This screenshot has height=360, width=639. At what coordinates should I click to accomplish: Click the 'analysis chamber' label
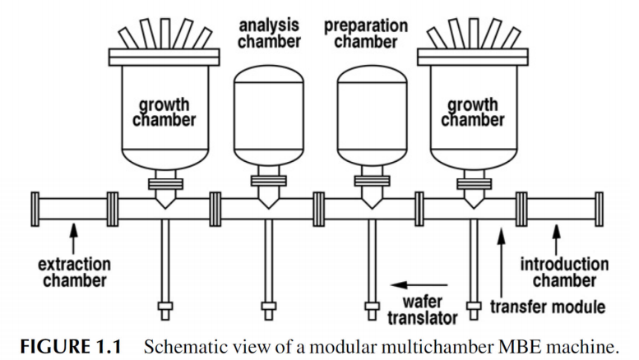(x=269, y=34)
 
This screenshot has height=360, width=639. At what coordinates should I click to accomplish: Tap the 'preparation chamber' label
(x=366, y=34)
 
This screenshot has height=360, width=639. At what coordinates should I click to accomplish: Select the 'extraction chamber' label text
(x=75, y=272)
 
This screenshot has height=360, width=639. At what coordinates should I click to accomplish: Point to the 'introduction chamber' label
(x=564, y=272)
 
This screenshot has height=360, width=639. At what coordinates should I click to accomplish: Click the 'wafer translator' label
(x=423, y=310)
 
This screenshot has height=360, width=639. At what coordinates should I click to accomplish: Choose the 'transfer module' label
(x=548, y=307)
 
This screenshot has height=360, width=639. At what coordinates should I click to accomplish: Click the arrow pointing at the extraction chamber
(x=73, y=238)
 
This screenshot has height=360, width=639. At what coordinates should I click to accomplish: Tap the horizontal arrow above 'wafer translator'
(x=419, y=285)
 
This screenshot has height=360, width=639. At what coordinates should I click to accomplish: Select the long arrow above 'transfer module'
(x=502, y=263)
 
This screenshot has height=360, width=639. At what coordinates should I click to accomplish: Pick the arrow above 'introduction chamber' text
(x=556, y=240)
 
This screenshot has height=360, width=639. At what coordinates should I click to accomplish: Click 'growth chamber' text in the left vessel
(x=164, y=112)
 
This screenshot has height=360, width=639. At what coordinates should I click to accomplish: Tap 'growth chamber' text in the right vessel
(x=473, y=112)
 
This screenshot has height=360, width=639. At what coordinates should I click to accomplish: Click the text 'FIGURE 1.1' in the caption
(x=71, y=347)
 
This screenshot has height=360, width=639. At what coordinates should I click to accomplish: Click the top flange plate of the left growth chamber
(x=164, y=58)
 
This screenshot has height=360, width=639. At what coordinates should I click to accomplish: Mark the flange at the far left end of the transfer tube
(x=35, y=210)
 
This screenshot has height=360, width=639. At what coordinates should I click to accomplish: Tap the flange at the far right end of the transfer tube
(x=599, y=210)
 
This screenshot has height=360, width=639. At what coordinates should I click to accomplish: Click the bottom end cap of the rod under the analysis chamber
(x=268, y=311)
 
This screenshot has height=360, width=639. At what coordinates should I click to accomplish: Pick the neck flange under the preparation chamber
(x=372, y=181)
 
